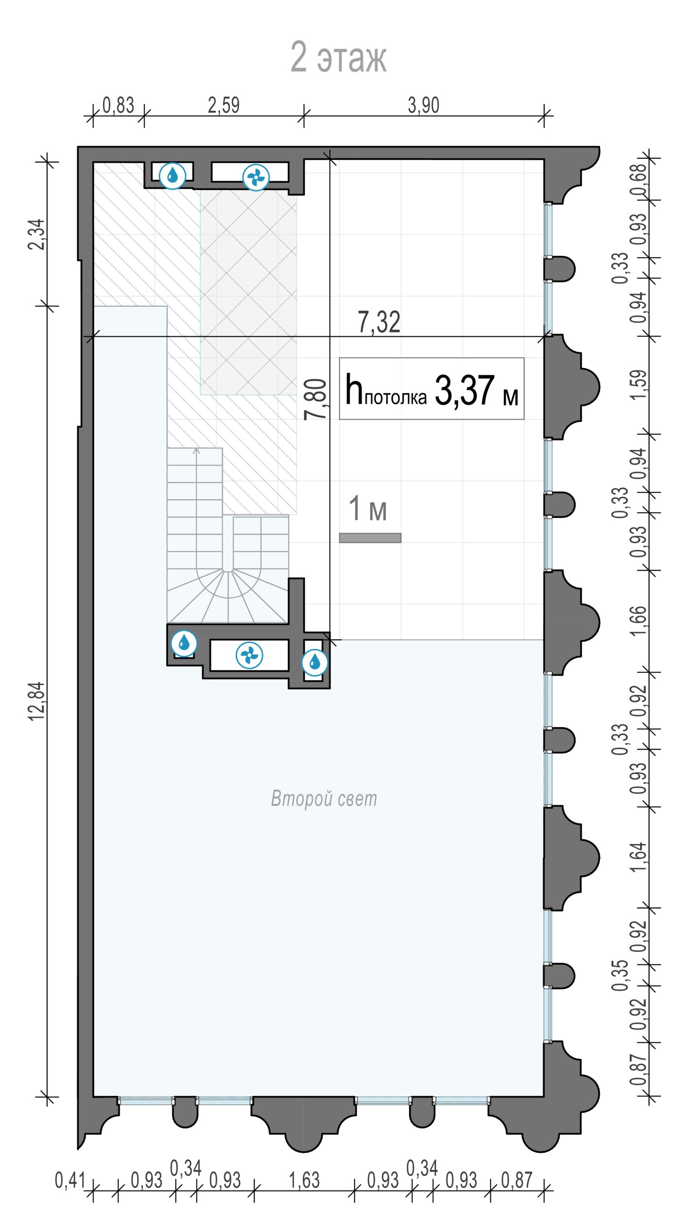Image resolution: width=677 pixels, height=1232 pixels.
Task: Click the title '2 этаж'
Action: coord(338,57)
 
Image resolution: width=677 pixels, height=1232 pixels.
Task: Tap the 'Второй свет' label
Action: coord(324,798)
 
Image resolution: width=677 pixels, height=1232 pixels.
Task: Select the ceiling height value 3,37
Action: coord(464,390)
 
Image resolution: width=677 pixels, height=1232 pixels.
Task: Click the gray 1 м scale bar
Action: coord(370,538)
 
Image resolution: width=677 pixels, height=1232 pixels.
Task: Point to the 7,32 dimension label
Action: coord(379,322)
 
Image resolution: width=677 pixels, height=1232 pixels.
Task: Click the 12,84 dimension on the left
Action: coord(37,702)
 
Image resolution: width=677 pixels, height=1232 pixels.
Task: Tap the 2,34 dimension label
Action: coord(36,235)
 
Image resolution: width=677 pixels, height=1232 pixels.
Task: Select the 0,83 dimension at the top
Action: coord(118,105)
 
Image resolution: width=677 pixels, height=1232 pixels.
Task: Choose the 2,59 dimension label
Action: coord(224,105)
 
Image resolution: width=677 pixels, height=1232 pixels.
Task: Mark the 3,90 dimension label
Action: coord(423,105)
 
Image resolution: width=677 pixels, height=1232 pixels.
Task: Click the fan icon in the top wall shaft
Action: coord(256,177)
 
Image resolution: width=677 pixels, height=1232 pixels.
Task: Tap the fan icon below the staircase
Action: coord(250,655)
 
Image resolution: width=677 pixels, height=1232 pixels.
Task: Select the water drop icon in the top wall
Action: coord(173,175)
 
